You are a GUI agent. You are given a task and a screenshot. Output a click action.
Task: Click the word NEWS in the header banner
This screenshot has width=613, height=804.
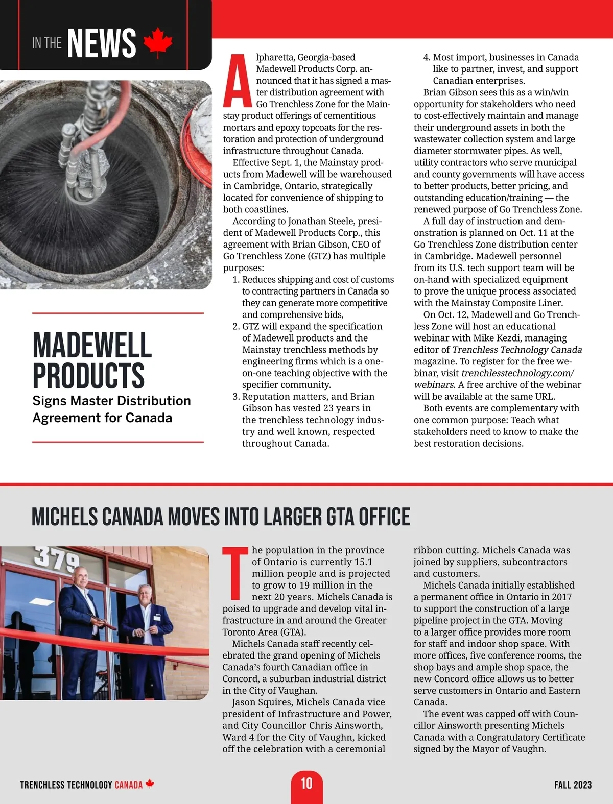click(x=102, y=43)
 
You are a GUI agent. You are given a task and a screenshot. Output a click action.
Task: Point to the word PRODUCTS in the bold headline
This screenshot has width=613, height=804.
click(x=89, y=376)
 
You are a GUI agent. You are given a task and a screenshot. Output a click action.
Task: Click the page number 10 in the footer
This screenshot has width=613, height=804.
click(x=306, y=784)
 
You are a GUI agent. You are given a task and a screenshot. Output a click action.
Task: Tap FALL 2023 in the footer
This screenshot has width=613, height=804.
click(x=573, y=785)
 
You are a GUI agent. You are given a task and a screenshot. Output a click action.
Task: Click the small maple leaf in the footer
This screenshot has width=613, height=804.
click(x=150, y=784)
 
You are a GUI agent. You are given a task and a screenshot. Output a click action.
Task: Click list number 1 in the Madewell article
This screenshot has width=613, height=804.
click(x=235, y=280)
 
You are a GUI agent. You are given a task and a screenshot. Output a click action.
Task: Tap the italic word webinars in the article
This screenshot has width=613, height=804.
click(x=434, y=385)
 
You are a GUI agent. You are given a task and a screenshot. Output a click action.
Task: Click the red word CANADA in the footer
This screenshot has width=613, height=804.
click(x=128, y=785)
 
